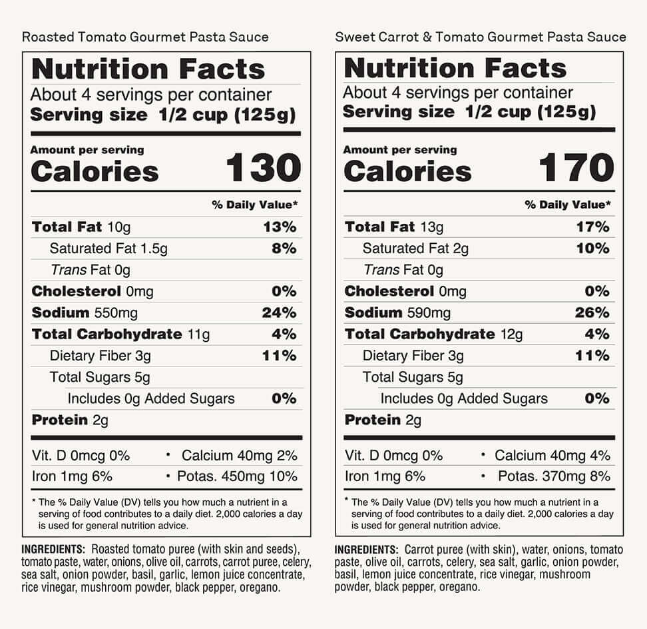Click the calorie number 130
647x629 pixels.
[264, 168]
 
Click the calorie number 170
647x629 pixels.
[576, 168]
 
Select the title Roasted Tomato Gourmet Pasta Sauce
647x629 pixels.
[145, 36]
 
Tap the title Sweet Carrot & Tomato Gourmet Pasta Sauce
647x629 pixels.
[480, 36]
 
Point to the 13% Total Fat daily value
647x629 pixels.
[279, 227]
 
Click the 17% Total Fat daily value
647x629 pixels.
[592, 227]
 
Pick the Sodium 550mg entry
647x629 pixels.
[83, 313]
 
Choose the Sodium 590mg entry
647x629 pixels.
[397, 313]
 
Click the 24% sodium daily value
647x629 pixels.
[279, 313]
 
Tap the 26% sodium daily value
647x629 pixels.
[592, 313]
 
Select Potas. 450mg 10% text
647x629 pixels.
[237, 476]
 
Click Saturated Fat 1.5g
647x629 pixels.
[108, 249]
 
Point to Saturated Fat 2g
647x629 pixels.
[415, 249]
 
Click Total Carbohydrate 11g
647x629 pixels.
[120, 334]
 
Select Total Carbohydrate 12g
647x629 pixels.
[433, 334]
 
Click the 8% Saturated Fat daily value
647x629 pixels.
[284, 249]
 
